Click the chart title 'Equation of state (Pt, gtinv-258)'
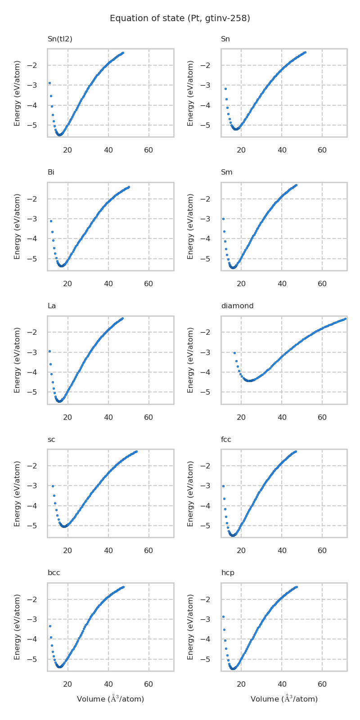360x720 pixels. [180, 18]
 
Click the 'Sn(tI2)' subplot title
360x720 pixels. [60, 39]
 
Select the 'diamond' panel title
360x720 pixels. [237, 306]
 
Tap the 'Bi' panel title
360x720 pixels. [51, 172]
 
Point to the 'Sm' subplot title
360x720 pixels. [226, 172]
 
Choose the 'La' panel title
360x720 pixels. [52, 306]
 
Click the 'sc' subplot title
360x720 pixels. [51, 440]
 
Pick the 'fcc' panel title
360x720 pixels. [226, 440]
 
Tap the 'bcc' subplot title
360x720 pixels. [54, 573]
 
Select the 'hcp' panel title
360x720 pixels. [228, 573]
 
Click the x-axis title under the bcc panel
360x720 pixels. [110, 699]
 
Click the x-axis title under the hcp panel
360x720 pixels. [284, 699]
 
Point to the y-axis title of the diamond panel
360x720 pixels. [191, 360]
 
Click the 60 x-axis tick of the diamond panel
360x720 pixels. [322, 417]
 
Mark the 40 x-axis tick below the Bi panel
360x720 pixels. [108, 283]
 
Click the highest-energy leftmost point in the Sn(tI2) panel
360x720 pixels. [49, 83]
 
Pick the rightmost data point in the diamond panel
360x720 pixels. [345, 319]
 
